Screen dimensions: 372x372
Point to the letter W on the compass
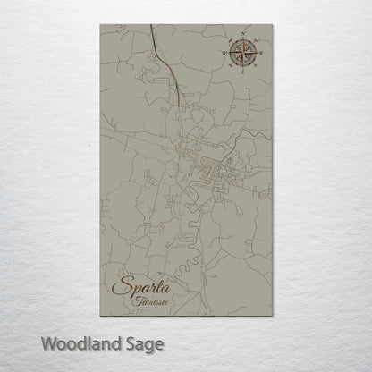click(225, 52)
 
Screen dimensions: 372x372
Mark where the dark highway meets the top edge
click(151, 26)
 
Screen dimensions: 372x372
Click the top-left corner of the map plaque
click(100, 25)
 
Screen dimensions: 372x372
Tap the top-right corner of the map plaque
click(272, 25)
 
